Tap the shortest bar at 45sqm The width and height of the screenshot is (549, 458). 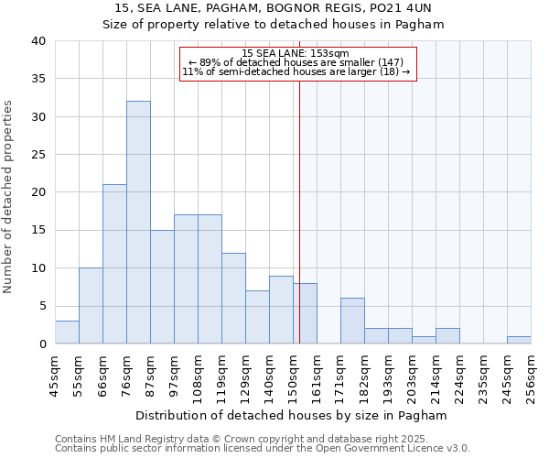(x=67, y=333)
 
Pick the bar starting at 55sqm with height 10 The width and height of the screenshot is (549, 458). (x=91, y=306)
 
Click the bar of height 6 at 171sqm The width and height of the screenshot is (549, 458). (x=352, y=321)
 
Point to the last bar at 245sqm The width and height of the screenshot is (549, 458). (x=519, y=340)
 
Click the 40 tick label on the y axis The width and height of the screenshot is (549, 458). (x=38, y=41)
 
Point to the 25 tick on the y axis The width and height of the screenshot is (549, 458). (x=38, y=155)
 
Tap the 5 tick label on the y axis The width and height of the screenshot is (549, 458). (x=41, y=306)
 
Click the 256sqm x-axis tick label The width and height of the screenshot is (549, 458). (x=531, y=376)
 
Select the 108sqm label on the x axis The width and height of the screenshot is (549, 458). (x=198, y=376)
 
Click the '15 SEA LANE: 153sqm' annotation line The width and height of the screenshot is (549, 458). (x=296, y=54)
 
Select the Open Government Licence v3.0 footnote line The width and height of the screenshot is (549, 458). (x=262, y=449)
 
